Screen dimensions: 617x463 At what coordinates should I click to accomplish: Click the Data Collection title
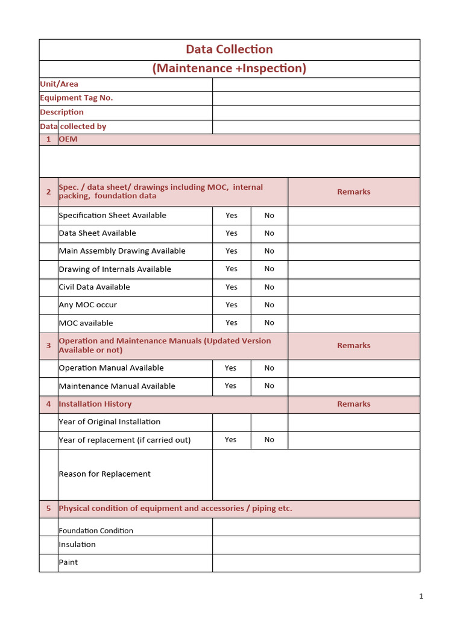point(229,49)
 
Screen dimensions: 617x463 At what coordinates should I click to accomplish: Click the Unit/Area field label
point(59,84)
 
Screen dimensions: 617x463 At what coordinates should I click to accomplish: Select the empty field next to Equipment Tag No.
point(316,98)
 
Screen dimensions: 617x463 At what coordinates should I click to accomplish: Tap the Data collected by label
point(73,127)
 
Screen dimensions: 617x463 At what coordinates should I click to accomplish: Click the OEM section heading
point(68,139)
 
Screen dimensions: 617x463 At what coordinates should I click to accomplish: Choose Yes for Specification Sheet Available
point(231,216)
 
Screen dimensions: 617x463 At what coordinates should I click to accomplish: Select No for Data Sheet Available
point(269,233)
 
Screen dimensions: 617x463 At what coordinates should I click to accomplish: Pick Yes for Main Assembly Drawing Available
point(231,251)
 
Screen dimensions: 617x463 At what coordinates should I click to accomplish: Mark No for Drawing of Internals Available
point(269,269)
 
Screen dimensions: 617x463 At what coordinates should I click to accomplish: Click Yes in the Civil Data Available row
point(231,287)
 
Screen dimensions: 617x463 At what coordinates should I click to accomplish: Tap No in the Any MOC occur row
point(269,305)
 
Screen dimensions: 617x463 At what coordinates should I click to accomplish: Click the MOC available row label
point(86,323)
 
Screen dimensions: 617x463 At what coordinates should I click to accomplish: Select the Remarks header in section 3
point(354,346)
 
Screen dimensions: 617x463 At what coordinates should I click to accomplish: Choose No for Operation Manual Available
point(269,368)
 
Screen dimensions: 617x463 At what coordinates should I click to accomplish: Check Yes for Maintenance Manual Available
point(231,386)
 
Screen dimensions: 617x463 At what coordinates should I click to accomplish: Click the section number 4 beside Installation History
point(48,404)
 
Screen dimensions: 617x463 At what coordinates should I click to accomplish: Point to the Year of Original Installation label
point(109,422)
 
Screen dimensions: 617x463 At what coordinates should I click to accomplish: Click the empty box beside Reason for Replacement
point(316,474)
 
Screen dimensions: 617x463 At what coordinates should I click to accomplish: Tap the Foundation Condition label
point(96,531)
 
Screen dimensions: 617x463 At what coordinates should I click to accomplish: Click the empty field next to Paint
point(316,563)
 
